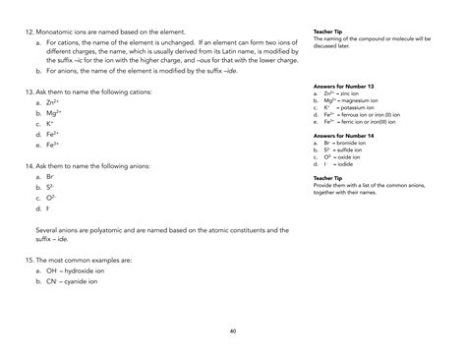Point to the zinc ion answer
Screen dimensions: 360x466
358,93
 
